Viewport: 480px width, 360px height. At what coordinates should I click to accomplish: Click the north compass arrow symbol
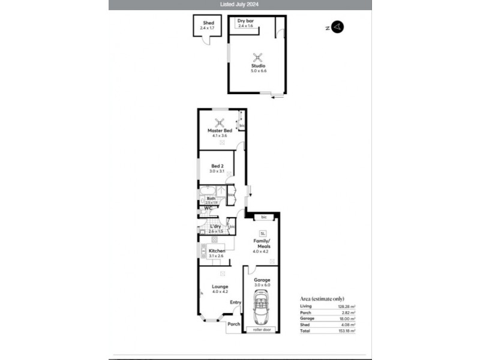tap(338, 26)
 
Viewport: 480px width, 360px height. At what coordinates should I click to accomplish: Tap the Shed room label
tap(208, 23)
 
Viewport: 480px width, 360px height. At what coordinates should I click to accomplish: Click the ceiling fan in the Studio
tap(258, 57)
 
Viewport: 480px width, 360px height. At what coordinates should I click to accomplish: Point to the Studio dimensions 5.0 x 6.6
tap(259, 71)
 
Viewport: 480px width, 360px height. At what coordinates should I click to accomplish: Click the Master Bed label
tap(220, 131)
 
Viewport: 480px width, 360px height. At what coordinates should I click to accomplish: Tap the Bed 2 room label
tap(217, 166)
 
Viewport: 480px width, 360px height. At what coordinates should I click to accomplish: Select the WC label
tap(208, 208)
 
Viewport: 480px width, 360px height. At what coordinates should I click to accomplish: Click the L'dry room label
tap(216, 226)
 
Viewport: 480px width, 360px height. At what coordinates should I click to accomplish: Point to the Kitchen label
tap(217, 251)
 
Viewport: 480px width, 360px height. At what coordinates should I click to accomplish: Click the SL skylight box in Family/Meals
tap(262, 233)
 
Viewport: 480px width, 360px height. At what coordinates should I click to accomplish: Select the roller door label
tap(262, 329)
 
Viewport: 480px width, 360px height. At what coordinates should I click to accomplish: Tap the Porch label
tap(234, 324)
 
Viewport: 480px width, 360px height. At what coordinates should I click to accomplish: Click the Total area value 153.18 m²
tap(346, 331)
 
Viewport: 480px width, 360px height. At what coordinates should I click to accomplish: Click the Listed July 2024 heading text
tap(240, 4)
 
